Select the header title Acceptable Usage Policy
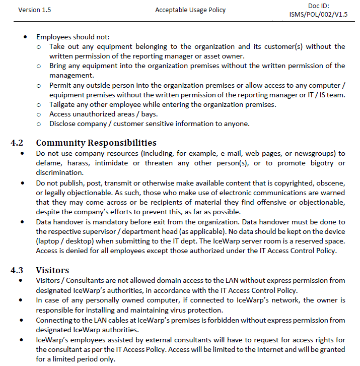190,10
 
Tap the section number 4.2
17,143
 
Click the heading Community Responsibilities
96,143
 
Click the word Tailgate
63,104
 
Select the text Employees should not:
73,37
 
